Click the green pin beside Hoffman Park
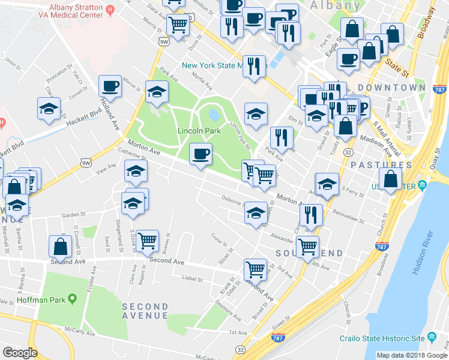point(73,298)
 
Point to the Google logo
point(20,353)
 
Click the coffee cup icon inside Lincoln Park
point(200,154)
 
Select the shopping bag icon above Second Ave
point(61,246)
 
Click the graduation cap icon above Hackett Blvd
point(49,109)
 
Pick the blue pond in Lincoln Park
point(213,113)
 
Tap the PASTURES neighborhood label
point(390,164)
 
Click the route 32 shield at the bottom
point(240,349)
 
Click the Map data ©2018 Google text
point(412,355)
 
